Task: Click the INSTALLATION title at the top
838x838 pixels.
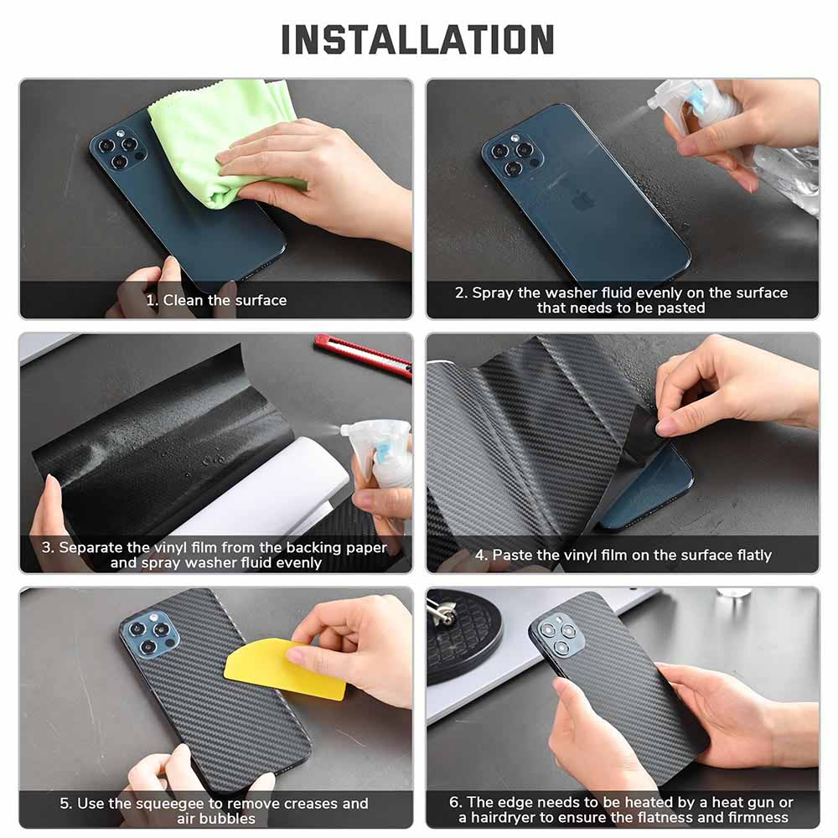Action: [x=417, y=39]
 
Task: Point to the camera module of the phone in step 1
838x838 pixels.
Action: [x=120, y=148]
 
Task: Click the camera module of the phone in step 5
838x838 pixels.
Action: [x=151, y=635]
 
